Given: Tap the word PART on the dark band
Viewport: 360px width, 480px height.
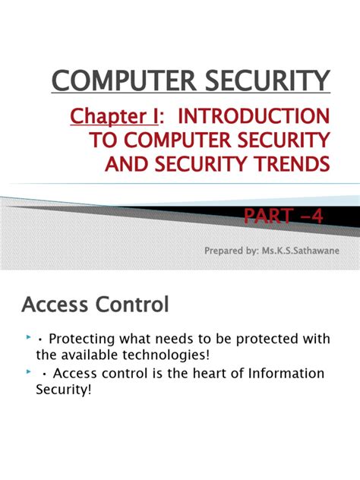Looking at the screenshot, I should click(x=267, y=218).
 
